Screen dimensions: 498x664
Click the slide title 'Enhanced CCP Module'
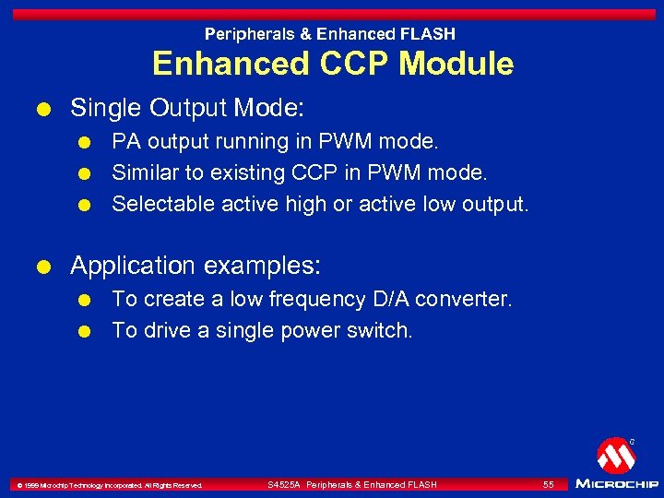[x=332, y=64]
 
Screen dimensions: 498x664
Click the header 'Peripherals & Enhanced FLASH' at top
[x=330, y=34]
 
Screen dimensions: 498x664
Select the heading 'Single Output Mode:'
[x=187, y=108]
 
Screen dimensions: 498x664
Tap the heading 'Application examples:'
[x=196, y=267]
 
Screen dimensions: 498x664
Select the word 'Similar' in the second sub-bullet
[x=143, y=172]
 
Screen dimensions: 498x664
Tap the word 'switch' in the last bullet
[x=378, y=330]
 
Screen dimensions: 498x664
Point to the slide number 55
[x=549, y=484]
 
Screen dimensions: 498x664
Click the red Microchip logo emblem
[x=615, y=456]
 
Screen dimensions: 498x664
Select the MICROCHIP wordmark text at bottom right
[x=617, y=483]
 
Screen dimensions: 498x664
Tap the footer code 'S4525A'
[x=283, y=485]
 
